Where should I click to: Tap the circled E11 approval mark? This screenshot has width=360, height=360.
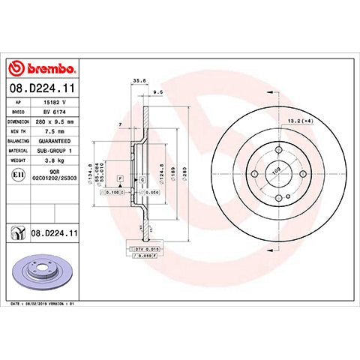[x=16, y=175]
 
